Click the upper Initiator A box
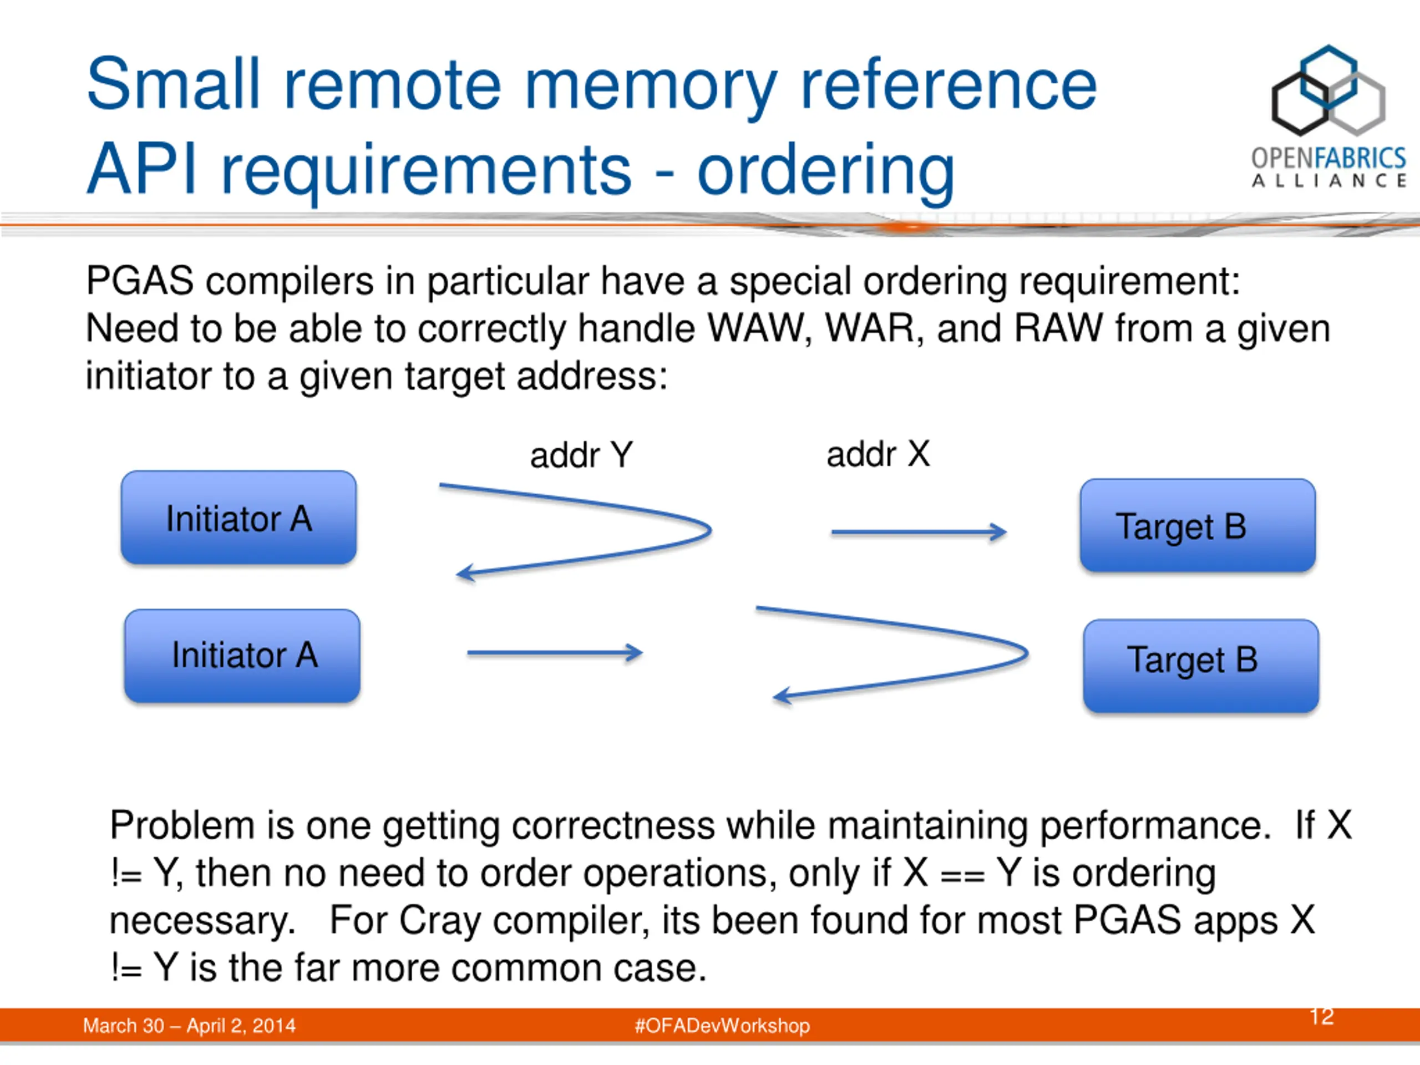(239, 518)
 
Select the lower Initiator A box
(242, 656)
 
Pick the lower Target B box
(1201, 666)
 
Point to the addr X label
(878, 454)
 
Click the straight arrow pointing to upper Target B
(919, 532)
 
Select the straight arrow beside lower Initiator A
(555, 653)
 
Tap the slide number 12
(1322, 1016)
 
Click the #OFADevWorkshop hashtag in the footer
(722, 1025)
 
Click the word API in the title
(141, 169)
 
